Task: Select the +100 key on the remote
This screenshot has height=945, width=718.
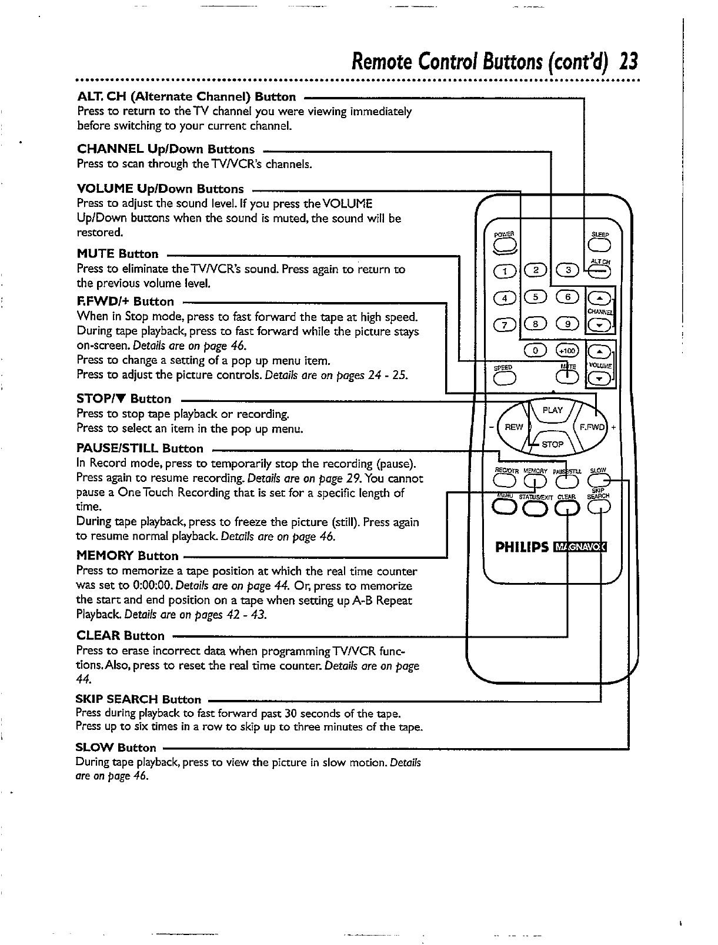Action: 568,351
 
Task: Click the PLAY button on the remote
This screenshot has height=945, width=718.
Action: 552,411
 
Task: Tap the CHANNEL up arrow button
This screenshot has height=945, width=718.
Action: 600,298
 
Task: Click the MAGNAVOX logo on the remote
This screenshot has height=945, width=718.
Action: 580,548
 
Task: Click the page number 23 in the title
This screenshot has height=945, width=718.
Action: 629,61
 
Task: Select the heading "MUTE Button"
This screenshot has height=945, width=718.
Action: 118,254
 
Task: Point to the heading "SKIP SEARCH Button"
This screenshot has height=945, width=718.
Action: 138,700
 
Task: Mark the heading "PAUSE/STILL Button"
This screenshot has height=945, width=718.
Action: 140,449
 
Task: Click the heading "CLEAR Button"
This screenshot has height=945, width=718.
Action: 121,636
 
